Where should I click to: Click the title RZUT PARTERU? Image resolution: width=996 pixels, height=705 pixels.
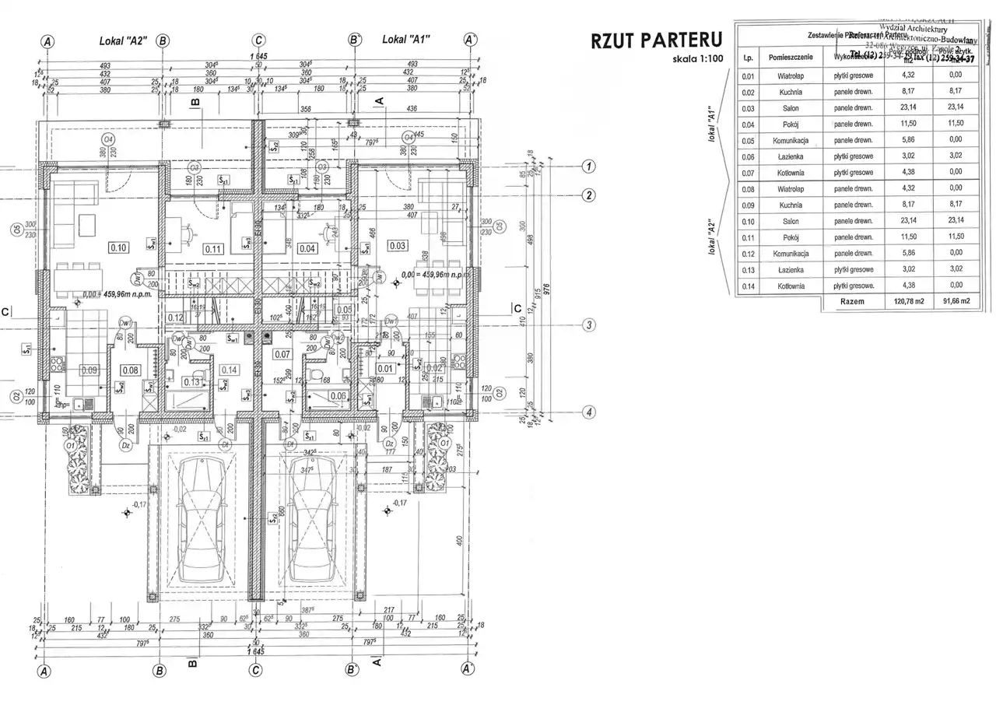(x=657, y=41)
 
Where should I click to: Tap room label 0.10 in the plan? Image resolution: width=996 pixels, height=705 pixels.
(x=119, y=248)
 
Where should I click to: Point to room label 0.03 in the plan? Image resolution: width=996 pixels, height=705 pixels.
(x=397, y=246)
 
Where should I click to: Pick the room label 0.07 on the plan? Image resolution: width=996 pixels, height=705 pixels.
(x=282, y=355)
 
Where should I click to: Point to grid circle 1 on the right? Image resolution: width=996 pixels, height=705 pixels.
(x=590, y=166)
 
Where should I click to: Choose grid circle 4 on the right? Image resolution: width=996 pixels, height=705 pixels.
(x=590, y=412)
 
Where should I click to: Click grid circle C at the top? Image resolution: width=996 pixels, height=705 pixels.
(x=258, y=40)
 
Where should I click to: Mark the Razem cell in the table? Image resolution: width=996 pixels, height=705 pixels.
(x=852, y=302)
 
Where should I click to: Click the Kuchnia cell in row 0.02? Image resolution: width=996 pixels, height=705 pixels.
(x=791, y=92)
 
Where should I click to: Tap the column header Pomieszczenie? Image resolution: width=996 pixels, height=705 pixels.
(x=791, y=58)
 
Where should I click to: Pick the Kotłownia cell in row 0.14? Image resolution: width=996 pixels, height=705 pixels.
(x=791, y=286)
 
